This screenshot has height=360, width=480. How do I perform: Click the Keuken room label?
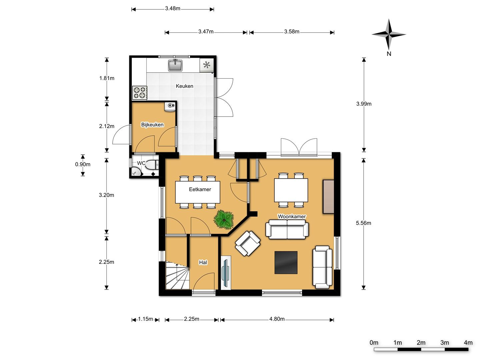point(184,86)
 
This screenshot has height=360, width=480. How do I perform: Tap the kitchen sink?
point(175,65)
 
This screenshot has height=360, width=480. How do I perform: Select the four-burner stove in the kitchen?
point(140,93)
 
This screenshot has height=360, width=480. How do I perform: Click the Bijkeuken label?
point(152,125)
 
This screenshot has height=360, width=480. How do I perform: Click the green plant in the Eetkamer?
point(224,219)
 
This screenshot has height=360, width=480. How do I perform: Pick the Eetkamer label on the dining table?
point(200,190)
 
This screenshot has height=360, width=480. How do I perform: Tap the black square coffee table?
point(286,262)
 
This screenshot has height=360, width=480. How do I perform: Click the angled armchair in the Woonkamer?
point(248,243)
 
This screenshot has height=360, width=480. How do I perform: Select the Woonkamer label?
point(292,217)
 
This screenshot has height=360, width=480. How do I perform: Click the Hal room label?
point(203,262)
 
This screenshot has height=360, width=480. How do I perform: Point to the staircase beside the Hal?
point(177,275)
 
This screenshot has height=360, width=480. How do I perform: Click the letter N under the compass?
point(389,54)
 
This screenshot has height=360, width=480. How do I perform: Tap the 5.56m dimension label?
point(363,223)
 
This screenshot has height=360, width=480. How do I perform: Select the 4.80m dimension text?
point(277,319)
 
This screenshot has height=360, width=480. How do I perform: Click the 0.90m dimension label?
point(83,164)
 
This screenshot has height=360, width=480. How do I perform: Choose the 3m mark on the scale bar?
point(445,343)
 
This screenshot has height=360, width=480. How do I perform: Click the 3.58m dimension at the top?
point(292,32)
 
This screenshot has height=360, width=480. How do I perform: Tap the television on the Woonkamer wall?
point(225,272)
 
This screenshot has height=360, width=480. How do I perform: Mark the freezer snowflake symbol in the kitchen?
point(207,65)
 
